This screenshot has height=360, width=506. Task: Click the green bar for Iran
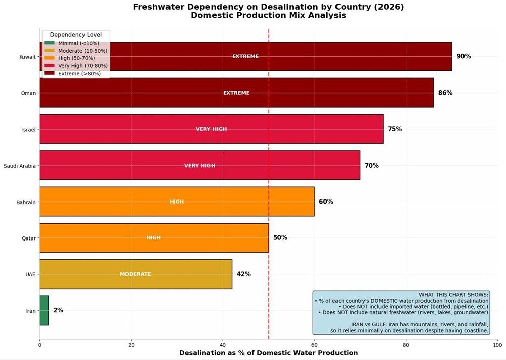[x=44, y=310]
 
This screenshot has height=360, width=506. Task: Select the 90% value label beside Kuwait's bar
[x=463, y=56]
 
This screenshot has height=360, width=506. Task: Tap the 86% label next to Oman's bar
[x=445, y=93]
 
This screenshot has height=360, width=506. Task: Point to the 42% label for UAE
[x=243, y=274]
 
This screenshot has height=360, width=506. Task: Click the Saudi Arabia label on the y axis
[x=20, y=166]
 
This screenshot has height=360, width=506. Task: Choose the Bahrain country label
[x=26, y=202]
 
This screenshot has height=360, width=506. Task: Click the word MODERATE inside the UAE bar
[x=135, y=274]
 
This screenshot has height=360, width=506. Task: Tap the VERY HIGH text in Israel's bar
[x=211, y=129]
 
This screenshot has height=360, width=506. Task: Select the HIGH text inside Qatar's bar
[x=153, y=238]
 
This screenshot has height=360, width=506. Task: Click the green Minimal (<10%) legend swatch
[x=49, y=44]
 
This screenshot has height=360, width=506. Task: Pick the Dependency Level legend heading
[x=76, y=35]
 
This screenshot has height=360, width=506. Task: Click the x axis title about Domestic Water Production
[x=268, y=353]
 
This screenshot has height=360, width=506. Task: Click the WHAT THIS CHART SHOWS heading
[x=454, y=295]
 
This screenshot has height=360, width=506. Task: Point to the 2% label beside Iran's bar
[x=58, y=310]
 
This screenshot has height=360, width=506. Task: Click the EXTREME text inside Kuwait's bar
[x=245, y=56]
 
